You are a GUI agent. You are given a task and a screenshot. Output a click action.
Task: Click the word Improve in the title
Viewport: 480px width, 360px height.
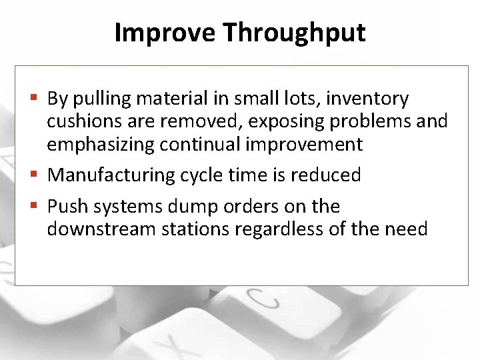pos(165,32)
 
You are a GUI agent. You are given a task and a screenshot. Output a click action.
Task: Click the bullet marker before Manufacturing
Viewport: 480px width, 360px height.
pos(37,175)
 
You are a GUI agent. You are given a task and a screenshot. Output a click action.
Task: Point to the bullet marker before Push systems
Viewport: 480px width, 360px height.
pos(37,207)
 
